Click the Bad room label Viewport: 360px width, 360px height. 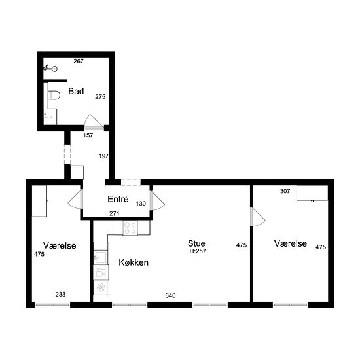[x=76, y=91]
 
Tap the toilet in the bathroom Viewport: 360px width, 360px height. [x=54, y=95]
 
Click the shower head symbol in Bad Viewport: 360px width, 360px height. [x=50, y=68]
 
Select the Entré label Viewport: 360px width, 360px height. [x=118, y=199]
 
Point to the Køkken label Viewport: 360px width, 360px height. [x=134, y=262]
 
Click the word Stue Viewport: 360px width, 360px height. [x=196, y=243]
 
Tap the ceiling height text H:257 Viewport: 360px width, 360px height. [x=198, y=251]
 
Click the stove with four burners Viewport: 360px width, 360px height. [x=130, y=228]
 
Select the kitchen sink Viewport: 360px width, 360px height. [x=101, y=258]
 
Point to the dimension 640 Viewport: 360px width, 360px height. [x=170, y=295]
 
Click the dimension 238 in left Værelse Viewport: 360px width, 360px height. [x=60, y=294]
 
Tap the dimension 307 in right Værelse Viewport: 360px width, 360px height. [x=285, y=191]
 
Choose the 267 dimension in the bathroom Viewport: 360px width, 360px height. [x=79, y=62]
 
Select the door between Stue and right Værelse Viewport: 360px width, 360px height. [x=258, y=217]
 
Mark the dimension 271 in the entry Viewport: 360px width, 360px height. [x=115, y=213]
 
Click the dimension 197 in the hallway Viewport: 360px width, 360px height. [x=104, y=156]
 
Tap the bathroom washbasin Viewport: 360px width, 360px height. [x=50, y=117]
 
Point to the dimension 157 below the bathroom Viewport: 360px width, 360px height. [x=88, y=135]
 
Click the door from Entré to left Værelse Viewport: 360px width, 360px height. [x=75, y=199]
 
